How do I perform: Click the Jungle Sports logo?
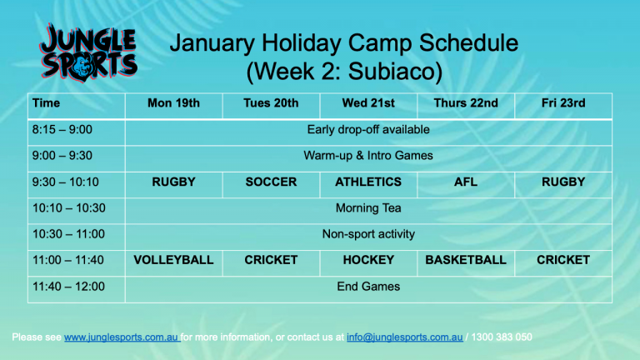(88, 52)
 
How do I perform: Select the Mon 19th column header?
(173, 103)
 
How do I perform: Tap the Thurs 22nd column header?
(466, 103)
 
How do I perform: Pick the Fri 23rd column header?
(563, 103)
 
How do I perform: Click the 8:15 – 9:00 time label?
(62, 130)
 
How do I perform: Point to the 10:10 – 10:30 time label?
(69, 208)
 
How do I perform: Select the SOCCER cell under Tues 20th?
(271, 182)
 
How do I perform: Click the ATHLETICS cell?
(368, 182)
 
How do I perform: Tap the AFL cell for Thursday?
(466, 182)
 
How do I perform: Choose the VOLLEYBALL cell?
(173, 260)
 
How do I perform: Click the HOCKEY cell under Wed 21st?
(368, 260)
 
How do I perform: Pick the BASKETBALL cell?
(466, 260)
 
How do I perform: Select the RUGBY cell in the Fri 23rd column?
(563, 182)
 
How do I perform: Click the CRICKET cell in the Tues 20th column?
(271, 260)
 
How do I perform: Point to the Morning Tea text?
(368, 208)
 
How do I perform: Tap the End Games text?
(368, 287)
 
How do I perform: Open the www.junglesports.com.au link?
(121, 337)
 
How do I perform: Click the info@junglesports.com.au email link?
(404, 337)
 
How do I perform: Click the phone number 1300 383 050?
(502, 337)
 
